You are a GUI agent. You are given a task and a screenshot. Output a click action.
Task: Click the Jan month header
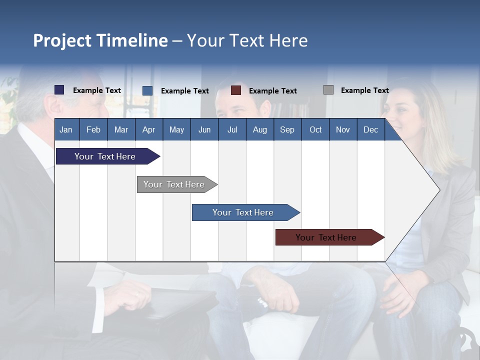pyautogui.click(x=66, y=129)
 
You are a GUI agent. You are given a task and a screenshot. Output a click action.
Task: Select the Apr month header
pyautogui.click(x=148, y=129)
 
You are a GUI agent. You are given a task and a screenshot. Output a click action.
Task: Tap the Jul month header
pyautogui.click(x=232, y=129)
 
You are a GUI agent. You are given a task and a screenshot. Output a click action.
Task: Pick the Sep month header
pyautogui.click(x=287, y=129)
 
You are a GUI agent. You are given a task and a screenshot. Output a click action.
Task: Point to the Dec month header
pyautogui.click(x=370, y=129)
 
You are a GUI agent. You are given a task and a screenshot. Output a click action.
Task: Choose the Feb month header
pyautogui.click(x=93, y=129)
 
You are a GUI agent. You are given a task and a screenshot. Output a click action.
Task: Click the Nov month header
pyautogui.click(x=342, y=129)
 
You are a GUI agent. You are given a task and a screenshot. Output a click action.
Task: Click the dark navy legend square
pyautogui.click(x=59, y=90)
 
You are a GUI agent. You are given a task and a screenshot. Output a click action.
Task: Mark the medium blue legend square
pyautogui.click(x=147, y=90)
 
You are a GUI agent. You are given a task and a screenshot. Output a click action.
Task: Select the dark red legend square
pyautogui.click(x=236, y=90)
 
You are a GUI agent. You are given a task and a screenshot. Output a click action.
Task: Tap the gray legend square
pyautogui.click(x=328, y=90)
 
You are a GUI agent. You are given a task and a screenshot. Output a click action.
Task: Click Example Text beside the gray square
pyautogui.click(x=364, y=90)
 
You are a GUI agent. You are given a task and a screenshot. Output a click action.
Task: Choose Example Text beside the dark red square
pyautogui.click(x=272, y=91)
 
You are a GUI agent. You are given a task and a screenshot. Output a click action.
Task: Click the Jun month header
pyautogui.click(x=204, y=129)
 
